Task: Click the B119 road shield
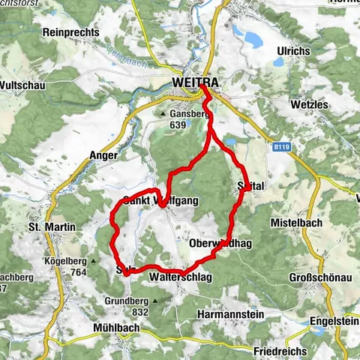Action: point(281,148)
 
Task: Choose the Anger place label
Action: point(104,155)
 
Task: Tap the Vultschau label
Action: point(23,85)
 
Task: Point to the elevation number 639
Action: point(178,124)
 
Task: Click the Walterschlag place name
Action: point(181,277)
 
